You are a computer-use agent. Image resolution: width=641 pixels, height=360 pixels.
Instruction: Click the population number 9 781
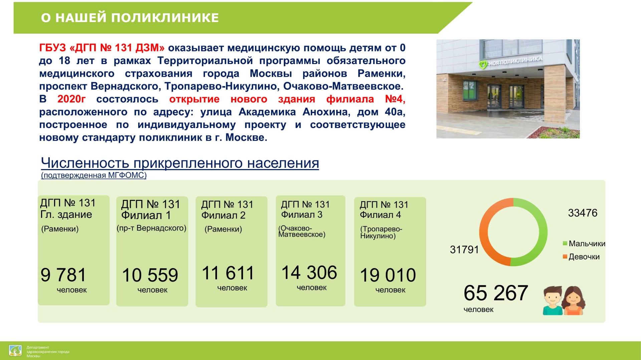(x=63, y=275)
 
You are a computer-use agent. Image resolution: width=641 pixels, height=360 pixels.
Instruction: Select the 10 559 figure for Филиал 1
(x=150, y=275)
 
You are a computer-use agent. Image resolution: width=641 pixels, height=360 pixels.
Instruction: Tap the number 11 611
(x=228, y=273)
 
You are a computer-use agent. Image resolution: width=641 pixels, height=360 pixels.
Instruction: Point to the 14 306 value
(x=309, y=273)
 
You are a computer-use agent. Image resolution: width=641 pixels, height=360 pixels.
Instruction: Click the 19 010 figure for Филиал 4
(x=388, y=275)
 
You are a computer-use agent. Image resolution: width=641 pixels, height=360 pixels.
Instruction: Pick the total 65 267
(x=496, y=293)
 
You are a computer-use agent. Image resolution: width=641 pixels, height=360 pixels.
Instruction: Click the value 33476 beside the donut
(x=583, y=213)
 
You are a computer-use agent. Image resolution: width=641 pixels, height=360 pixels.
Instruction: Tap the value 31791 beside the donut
(x=464, y=250)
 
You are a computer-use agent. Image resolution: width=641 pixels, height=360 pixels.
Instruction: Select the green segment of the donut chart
(x=543, y=232)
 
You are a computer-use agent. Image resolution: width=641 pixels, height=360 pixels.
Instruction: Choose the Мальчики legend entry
(x=584, y=244)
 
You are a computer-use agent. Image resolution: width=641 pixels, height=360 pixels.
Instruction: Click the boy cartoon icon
(x=553, y=300)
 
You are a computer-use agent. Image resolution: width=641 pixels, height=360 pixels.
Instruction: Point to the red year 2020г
(x=71, y=99)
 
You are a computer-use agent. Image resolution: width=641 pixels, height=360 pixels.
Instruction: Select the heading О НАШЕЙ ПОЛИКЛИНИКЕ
(x=130, y=18)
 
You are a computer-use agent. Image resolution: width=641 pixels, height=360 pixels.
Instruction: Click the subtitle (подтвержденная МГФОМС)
(x=94, y=175)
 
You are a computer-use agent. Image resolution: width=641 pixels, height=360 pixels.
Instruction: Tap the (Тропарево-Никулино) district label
(x=381, y=233)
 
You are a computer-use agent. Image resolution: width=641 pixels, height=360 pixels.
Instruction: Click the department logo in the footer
(x=15, y=351)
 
